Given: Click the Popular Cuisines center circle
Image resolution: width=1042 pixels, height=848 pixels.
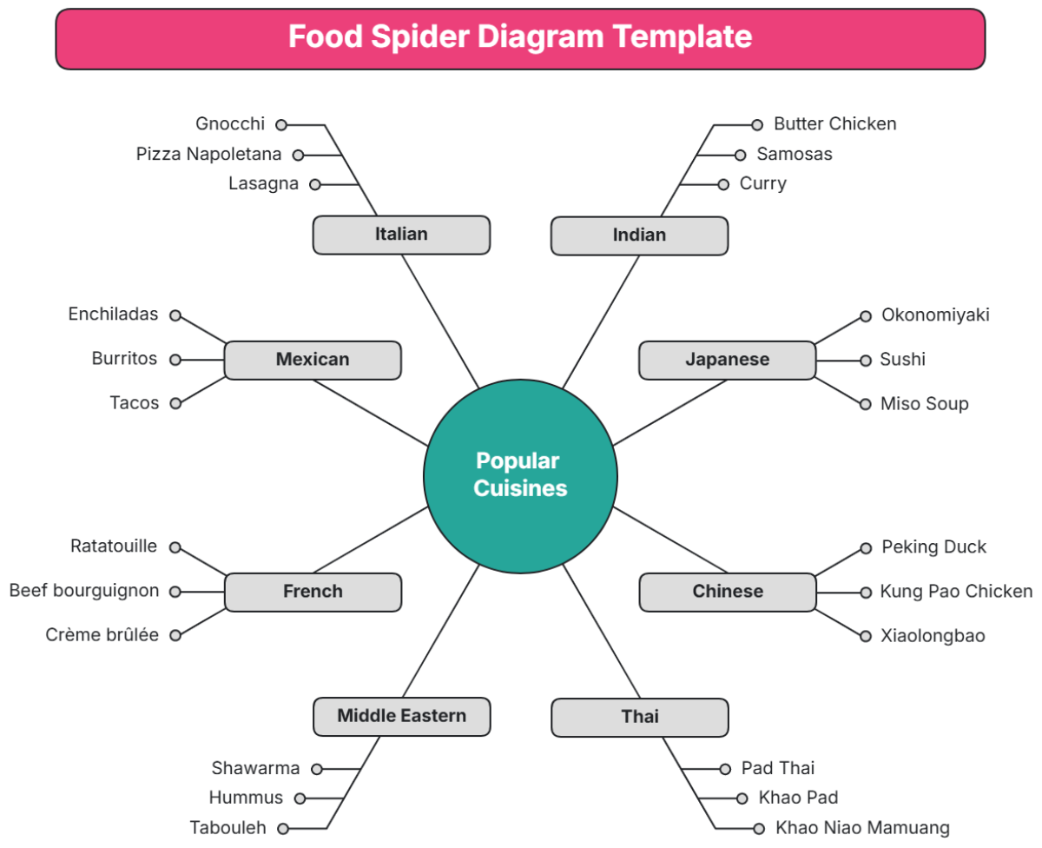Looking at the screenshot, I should point(520,475).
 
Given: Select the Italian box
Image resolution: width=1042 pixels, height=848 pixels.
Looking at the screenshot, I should point(401,235).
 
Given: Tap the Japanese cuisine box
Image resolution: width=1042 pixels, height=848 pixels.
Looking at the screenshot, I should point(727,360).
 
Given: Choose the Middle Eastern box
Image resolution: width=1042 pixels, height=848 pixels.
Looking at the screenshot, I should point(401,717).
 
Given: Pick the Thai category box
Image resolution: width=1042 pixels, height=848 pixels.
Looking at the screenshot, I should point(639,717).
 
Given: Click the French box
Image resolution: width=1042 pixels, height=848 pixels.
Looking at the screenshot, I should point(313,592).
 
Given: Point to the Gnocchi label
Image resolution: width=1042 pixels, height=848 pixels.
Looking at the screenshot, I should point(230,124).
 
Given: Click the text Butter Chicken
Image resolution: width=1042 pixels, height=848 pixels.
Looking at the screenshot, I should point(834,124).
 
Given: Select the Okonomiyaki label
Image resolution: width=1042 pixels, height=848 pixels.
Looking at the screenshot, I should point(935,315).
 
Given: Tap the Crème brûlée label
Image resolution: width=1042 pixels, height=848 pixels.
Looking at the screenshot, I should point(102,635).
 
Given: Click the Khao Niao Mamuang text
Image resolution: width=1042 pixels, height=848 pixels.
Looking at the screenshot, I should point(862,828).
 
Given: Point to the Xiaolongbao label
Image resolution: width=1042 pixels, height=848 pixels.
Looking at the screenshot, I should point(933,636).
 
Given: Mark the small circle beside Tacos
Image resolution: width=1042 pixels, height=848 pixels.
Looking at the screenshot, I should point(175,403).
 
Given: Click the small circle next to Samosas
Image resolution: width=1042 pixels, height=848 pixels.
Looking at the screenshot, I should point(740,156).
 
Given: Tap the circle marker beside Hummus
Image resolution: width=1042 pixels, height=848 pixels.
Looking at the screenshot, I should point(300,798).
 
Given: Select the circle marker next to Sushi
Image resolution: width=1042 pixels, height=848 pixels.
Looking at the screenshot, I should point(865,360).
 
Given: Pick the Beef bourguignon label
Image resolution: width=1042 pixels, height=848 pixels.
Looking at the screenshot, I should point(84,591).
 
